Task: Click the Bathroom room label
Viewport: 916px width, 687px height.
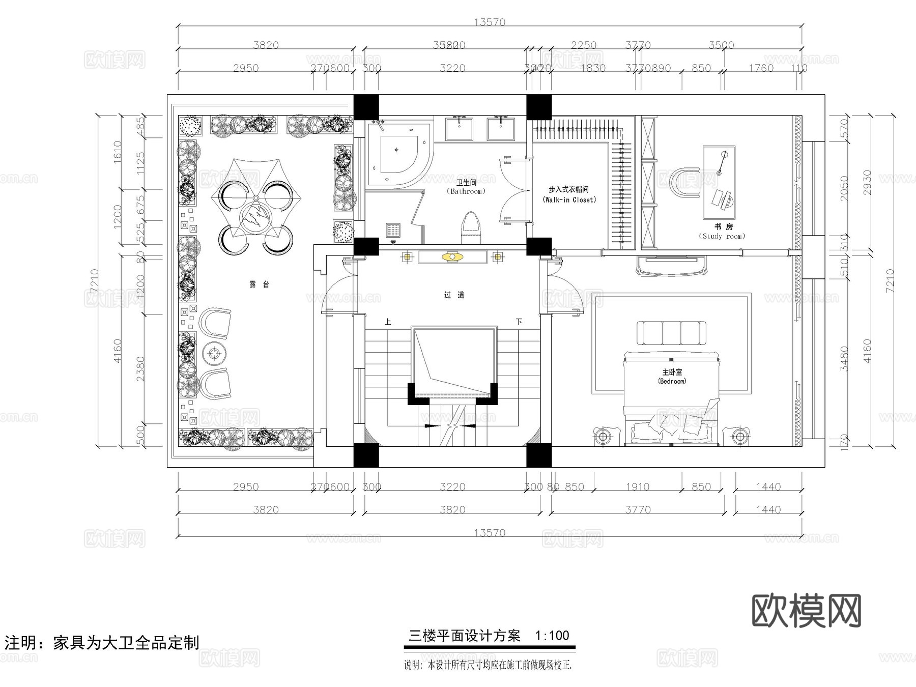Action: pos(466,187)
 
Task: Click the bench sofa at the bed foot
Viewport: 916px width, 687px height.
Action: pos(672,333)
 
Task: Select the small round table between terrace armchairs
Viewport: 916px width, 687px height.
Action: pos(214,353)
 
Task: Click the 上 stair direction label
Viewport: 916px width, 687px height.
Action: pos(388,322)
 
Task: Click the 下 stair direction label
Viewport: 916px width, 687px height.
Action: pos(519,322)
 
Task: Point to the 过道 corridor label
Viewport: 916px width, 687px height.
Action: pos(454,295)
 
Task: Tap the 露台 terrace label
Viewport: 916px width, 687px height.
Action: pos(259,284)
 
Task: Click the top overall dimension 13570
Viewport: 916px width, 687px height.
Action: pos(490,22)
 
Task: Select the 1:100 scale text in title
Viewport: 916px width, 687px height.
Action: pos(552,636)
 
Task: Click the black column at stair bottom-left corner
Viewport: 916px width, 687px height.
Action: pos(366,455)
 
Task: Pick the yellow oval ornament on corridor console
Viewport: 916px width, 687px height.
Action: pos(452,257)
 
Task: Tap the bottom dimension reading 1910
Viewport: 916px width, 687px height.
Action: pos(638,487)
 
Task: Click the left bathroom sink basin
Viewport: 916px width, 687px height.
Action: pos(460,128)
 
